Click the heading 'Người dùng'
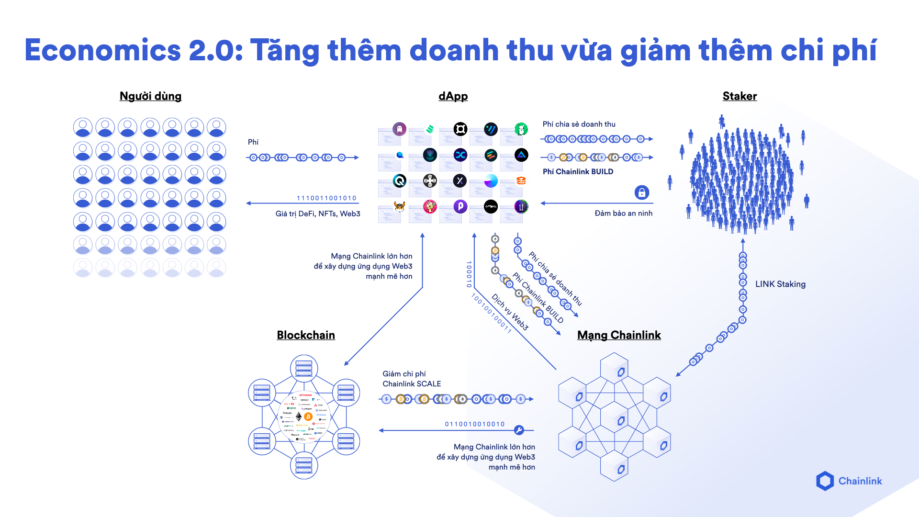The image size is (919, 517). [x=150, y=96]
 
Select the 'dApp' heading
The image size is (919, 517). [x=453, y=96]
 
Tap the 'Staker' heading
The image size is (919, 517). [x=740, y=96]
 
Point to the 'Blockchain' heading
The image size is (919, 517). [x=306, y=335]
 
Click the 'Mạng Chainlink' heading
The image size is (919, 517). [x=619, y=335]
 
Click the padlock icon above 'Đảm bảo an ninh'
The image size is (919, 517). [x=641, y=192]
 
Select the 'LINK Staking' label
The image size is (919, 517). [x=780, y=284]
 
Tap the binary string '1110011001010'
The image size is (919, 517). [x=326, y=198]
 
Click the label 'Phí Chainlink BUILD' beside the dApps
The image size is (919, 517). [x=578, y=172]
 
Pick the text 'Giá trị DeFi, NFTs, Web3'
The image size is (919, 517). [x=318, y=214]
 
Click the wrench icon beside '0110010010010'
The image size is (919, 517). [x=519, y=430]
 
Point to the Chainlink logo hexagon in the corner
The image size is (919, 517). [x=825, y=481]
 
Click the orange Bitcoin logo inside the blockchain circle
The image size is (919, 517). [x=308, y=417]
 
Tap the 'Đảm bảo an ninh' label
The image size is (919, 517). [x=623, y=214]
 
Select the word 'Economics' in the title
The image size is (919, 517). [x=103, y=51]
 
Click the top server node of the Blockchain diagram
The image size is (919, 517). [x=304, y=368]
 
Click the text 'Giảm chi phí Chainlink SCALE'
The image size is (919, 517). [x=412, y=379]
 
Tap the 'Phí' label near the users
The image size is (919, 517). [x=253, y=142]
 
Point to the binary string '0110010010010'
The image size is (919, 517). [x=475, y=424]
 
